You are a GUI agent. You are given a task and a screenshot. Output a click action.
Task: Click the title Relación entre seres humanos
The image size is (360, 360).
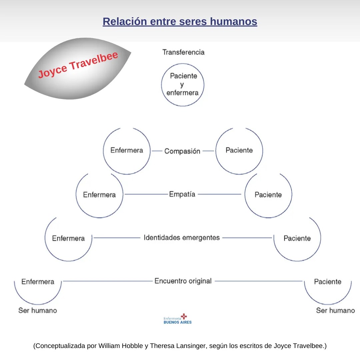click(x=180, y=22)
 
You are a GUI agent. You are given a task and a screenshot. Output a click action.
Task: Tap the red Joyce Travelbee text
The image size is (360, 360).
click(x=78, y=65)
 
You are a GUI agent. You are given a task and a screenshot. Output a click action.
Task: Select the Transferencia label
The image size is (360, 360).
click(x=183, y=52)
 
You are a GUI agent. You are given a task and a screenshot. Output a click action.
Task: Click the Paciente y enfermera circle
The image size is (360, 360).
click(x=183, y=85)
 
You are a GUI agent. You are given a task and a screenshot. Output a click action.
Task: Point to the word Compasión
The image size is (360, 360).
click(x=182, y=151)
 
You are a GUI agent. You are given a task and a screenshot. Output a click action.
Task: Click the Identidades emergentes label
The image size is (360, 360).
click(x=182, y=238)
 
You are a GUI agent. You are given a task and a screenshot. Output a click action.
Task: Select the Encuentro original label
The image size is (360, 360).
click(x=183, y=281)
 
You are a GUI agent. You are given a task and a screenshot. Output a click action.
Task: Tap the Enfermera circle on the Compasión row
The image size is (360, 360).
click(x=127, y=151)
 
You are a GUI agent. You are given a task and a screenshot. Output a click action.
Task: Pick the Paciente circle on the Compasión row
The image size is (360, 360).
click(x=239, y=151)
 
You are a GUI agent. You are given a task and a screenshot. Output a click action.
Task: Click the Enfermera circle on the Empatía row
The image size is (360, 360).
click(x=99, y=195)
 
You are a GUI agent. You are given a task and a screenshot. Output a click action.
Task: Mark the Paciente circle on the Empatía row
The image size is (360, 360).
click(x=268, y=195)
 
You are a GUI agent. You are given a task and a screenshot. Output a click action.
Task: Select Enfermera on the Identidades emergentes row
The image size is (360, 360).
click(x=68, y=238)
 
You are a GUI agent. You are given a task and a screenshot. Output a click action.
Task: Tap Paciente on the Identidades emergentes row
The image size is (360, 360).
click(x=297, y=238)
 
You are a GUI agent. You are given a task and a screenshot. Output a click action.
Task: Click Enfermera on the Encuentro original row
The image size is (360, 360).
click(x=38, y=282)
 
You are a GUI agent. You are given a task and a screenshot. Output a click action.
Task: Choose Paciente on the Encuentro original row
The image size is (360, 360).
click(x=328, y=282)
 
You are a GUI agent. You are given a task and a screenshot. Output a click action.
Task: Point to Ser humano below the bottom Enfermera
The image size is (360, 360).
click(x=38, y=310)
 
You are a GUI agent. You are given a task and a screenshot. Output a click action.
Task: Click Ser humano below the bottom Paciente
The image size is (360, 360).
click(x=335, y=311)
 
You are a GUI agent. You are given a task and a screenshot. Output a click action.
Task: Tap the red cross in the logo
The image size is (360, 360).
click(x=184, y=316)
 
